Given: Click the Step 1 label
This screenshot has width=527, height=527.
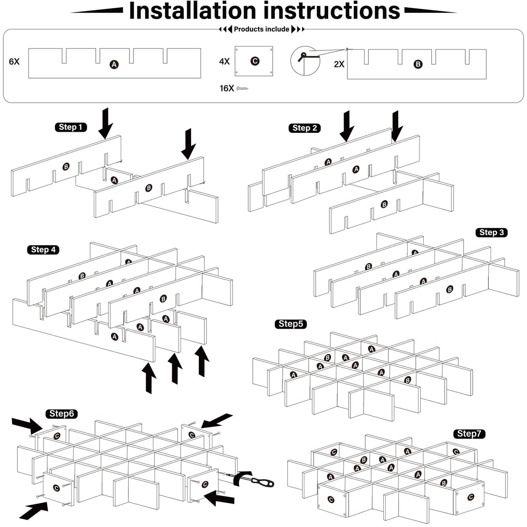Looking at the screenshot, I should tap(71, 127).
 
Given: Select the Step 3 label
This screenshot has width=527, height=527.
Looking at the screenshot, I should tap(491, 233).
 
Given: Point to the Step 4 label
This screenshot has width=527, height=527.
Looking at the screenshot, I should tap(43, 250).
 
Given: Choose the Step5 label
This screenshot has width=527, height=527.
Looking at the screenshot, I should tap(290, 324).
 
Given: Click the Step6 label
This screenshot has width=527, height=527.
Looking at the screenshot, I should tap(61, 414).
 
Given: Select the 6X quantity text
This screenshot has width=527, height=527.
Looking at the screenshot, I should tap(14, 62).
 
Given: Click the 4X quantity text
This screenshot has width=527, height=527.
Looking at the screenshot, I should tap(224, 62).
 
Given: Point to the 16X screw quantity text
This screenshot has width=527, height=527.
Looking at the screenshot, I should tap(227, 89).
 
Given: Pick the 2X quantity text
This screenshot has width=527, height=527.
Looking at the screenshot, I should tap(339, 64).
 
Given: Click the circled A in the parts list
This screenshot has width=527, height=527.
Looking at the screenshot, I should tap(114, 65).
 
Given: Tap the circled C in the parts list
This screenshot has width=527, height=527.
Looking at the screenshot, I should tap(255, 61).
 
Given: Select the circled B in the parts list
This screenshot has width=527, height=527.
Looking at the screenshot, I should tap(418, 64).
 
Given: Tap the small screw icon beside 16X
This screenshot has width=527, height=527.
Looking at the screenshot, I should tap(243, 89).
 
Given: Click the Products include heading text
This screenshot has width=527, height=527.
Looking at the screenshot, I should tap(261, 30).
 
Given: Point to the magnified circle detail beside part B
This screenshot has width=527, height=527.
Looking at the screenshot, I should tap(305, 60).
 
